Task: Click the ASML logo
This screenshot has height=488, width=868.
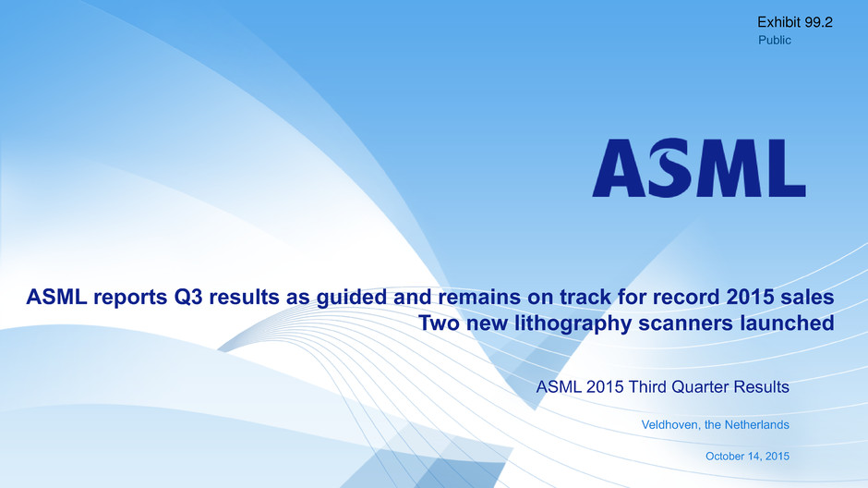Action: [699, 168]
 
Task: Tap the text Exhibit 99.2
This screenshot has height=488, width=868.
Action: [795, 22]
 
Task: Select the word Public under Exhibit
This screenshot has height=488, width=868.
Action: [775, 40]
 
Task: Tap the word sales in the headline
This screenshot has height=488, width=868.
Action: [807, 297]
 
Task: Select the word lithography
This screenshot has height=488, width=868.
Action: [573, 323]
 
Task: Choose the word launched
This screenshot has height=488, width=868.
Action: [787, 323]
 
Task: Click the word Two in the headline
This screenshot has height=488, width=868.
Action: [439, 323]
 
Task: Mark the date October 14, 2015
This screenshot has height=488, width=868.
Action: [747, 457]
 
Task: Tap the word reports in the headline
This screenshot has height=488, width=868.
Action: [129, 298]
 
